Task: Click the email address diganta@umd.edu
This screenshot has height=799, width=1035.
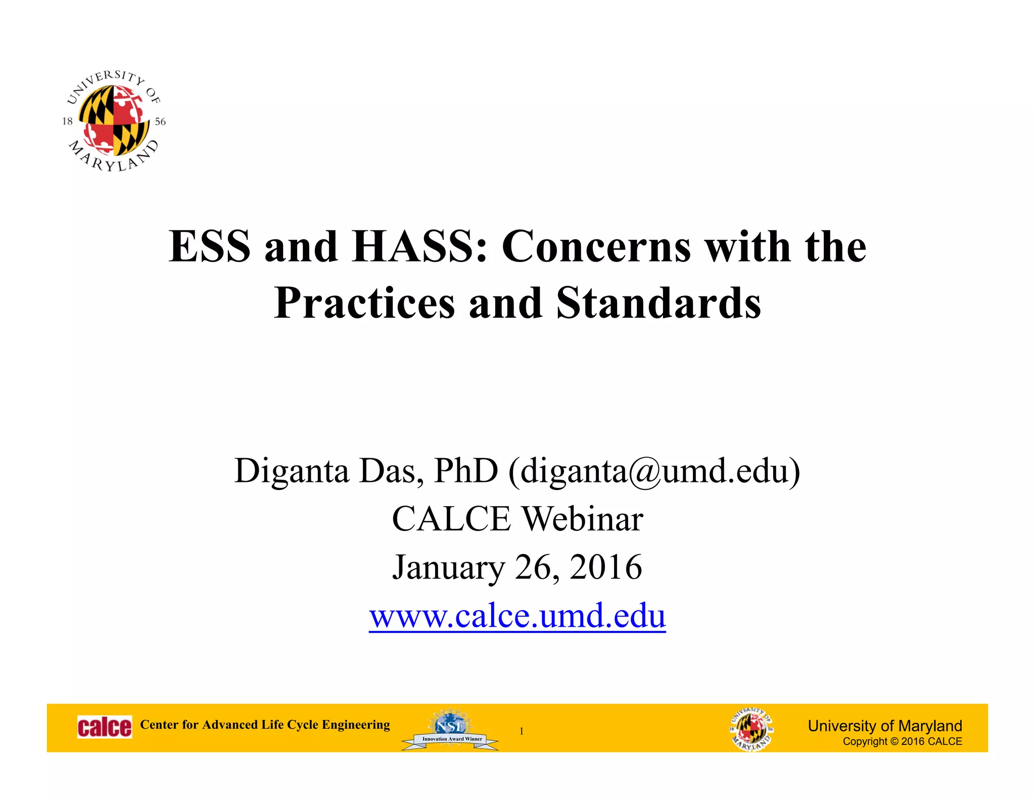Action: pos(654,471)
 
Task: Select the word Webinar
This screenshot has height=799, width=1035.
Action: pos(582,519)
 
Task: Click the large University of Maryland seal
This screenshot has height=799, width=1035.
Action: pos(114,121)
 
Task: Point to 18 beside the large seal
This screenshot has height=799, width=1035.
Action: pos(67,121)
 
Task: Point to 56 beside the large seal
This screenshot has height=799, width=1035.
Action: pos(160,122)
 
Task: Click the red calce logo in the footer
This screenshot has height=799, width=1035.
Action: pos(105,727)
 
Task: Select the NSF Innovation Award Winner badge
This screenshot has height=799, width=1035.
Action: pos(450,730)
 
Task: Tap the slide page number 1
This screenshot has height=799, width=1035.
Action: pos(522,731)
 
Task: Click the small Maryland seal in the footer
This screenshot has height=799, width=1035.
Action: pos(751,729)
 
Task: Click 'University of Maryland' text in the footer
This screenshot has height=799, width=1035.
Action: pos(884,726)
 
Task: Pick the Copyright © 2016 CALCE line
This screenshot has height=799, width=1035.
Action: pos(902,741)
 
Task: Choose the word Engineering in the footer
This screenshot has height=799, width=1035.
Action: pos(356,725)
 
